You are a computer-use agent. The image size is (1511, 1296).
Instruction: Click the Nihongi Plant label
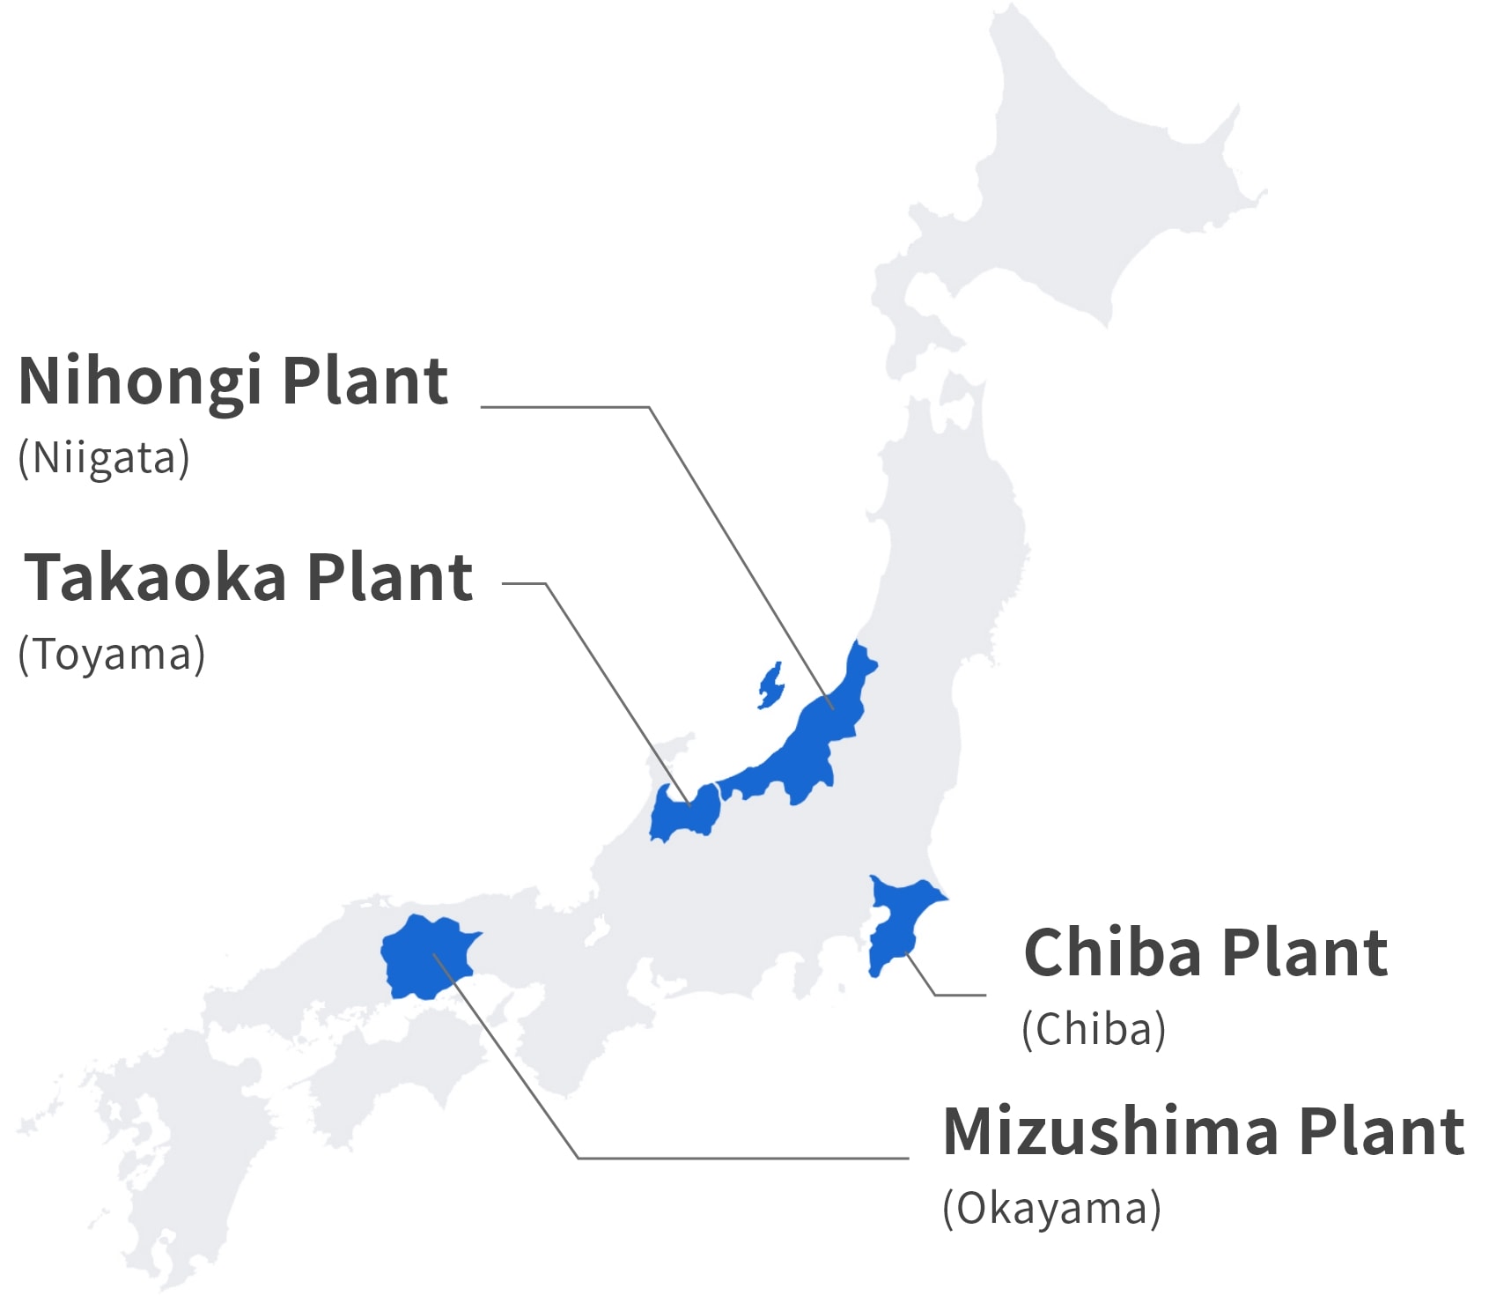tap(233, 381)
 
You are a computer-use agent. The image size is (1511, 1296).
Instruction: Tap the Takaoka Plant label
tap(248, 578)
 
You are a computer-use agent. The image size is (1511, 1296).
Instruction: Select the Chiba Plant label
tap(1205, 953)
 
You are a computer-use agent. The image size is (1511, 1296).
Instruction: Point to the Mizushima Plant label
tap(1204, 1131)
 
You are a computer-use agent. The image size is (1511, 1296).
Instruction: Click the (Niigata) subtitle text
tap(104, 458)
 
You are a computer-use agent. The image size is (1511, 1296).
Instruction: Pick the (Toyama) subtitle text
tap(112, 655)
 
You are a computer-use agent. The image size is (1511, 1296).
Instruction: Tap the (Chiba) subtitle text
tap(1094, 1029)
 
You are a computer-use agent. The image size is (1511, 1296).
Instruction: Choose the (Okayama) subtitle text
tap(1051, 1208)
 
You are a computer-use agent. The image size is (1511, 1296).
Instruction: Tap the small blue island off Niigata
tap(770, 685)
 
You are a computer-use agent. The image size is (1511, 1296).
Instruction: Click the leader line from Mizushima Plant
tap(740, 1158)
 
